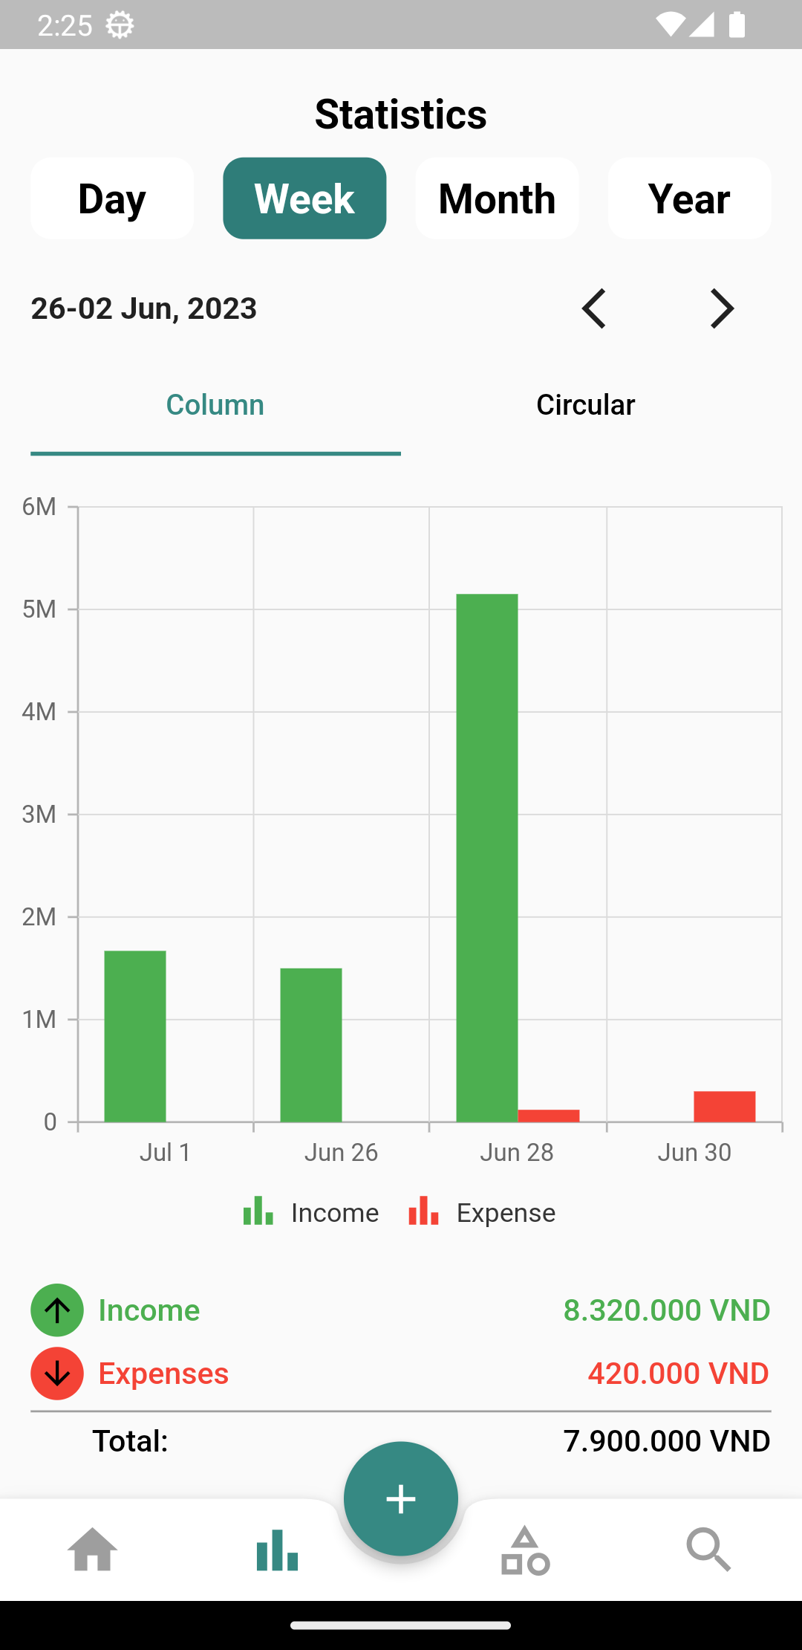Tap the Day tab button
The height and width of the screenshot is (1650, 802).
(x=112, y=198)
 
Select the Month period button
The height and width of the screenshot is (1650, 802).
(x=497, y=198)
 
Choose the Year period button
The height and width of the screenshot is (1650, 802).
(x=689, y=198)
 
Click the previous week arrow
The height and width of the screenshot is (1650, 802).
(x=594, y=308)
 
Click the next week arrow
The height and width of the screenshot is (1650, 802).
(x=722, y=308)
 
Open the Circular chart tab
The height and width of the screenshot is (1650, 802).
(x=585, y=405)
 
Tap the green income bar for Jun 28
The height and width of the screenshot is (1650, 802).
(x=486, y=855)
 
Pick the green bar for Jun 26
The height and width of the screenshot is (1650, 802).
(x=310, y=1044)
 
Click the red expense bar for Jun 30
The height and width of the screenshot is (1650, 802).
(x=724, y=1106)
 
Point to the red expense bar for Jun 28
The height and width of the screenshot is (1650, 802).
(x=548, y=1115)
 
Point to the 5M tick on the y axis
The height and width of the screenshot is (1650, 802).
(x=39, y=609)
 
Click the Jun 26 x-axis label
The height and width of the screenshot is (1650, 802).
(x=341, y=1152)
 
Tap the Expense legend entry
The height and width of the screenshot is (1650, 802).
(x=482, y=1212)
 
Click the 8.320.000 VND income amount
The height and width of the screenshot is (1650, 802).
(x=666, y=1310)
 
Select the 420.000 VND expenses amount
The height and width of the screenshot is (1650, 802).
(x=678, y=1374)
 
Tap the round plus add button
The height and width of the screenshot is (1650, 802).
(x=401, y=1498)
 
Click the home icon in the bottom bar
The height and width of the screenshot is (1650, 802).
(x=93, y=1550)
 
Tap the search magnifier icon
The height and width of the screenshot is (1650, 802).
(x=708, y=1550)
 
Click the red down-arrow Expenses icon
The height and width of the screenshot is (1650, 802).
(x=57, y=1374)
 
